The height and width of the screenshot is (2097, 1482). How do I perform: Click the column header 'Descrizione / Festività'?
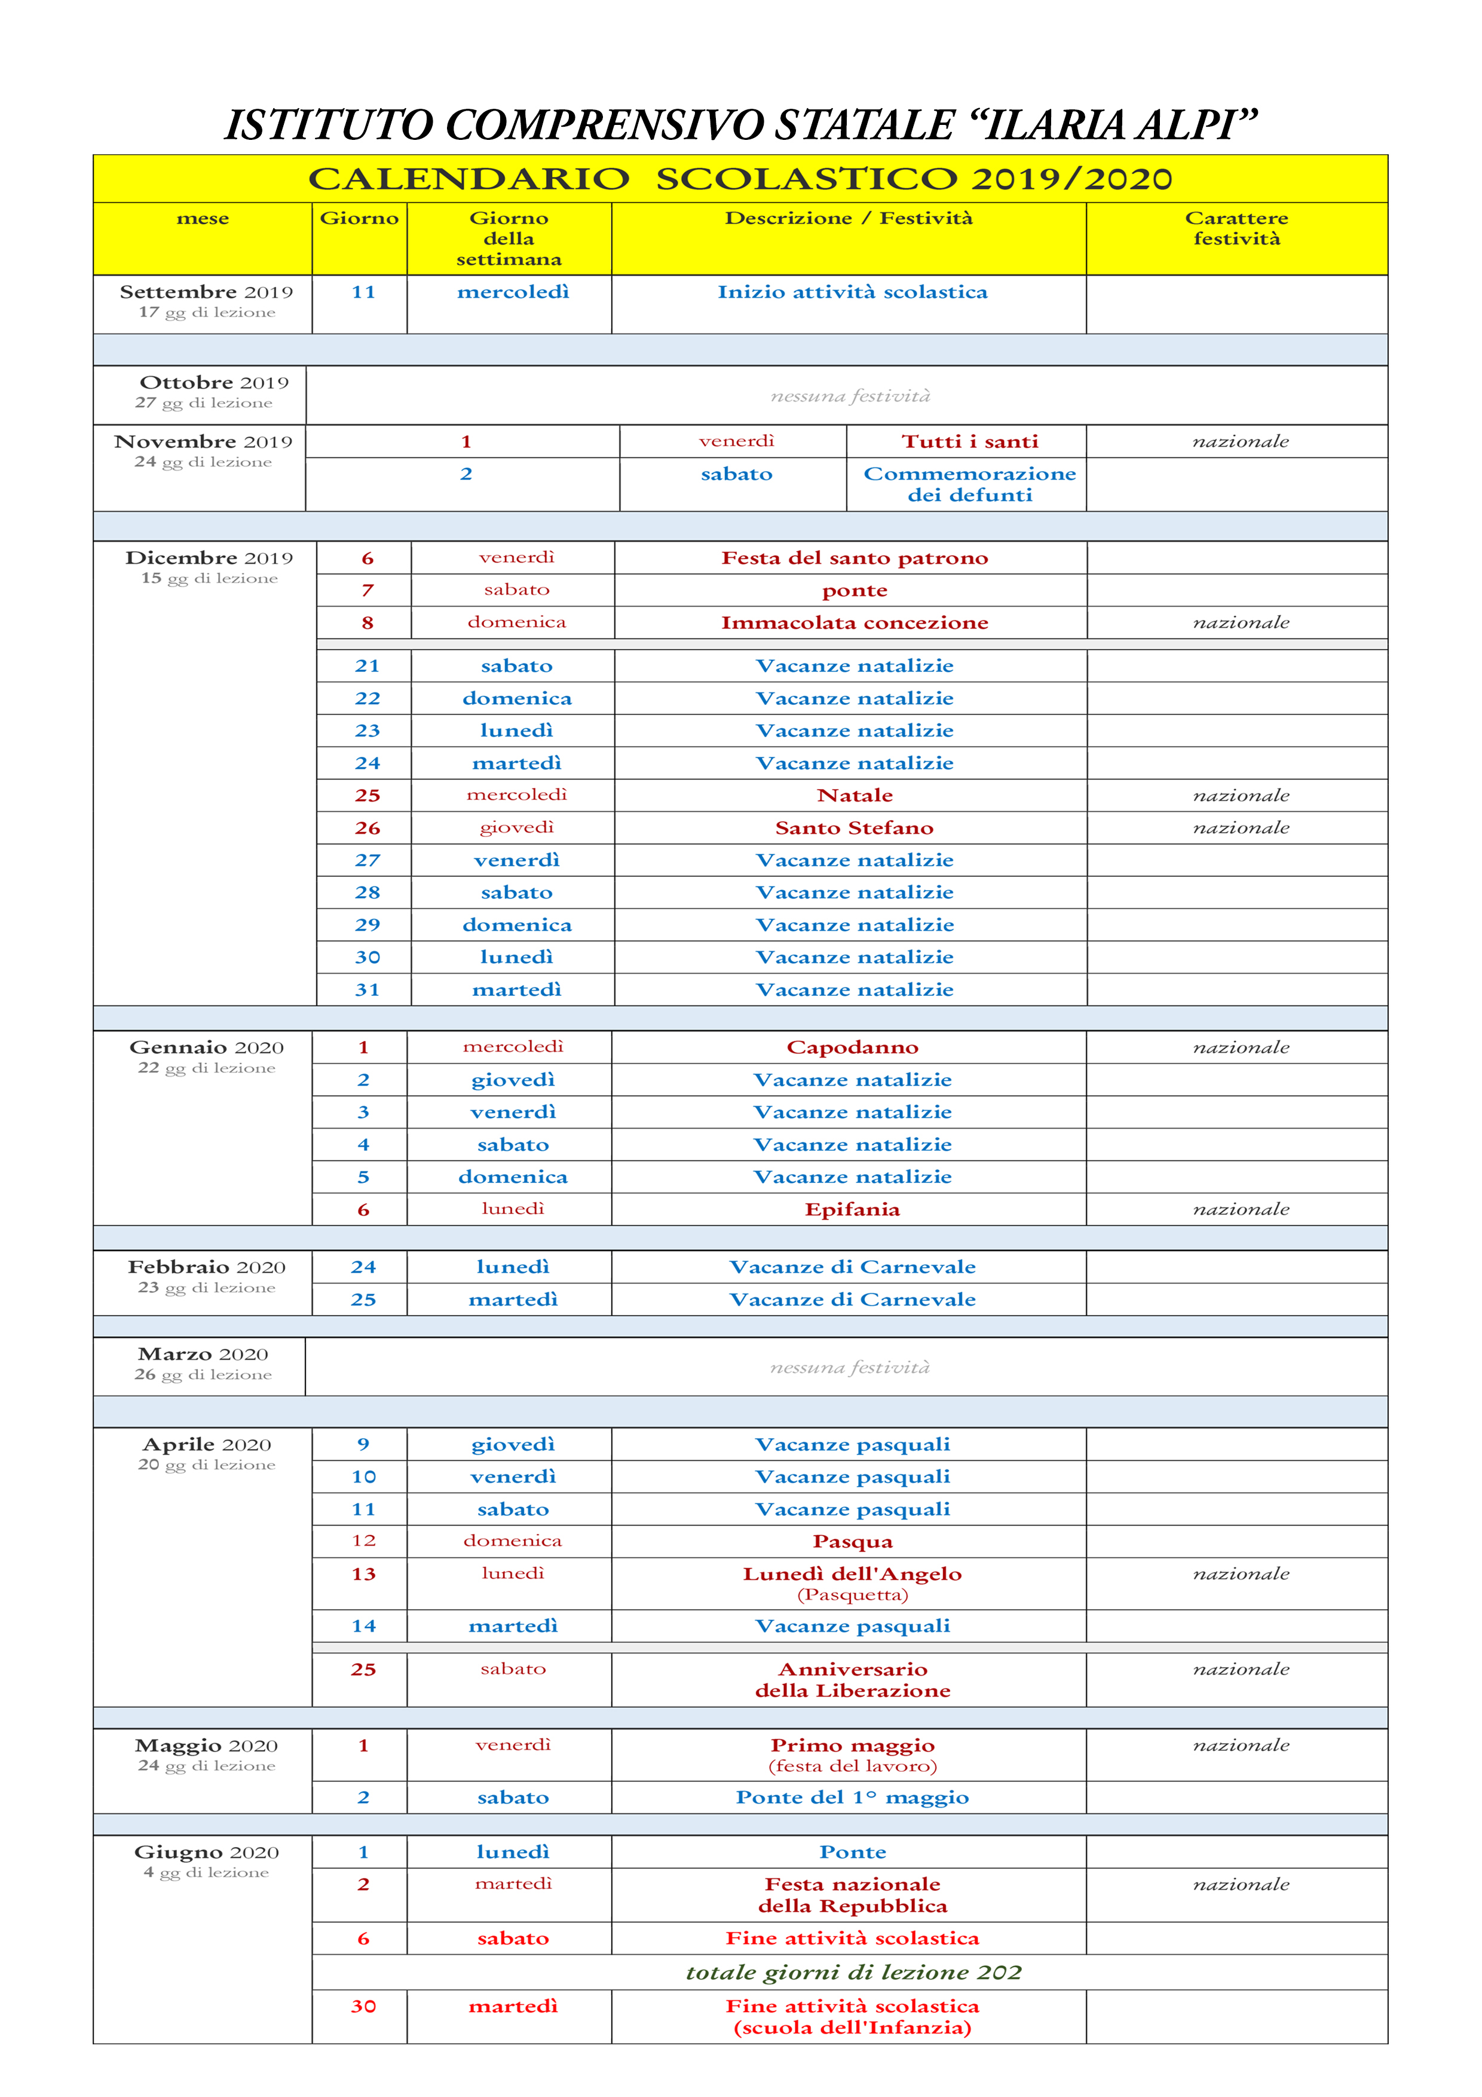(849, 218)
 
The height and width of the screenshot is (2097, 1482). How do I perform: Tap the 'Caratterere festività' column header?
(1236, 228)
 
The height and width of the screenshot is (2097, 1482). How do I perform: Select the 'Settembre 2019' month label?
(206, 292)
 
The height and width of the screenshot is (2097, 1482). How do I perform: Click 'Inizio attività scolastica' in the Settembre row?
(852, 292)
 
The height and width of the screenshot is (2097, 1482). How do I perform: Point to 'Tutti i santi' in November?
(970, 442)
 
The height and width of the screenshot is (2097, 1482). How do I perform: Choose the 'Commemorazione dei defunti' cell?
(970, 484)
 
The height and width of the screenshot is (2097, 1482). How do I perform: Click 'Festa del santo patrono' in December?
(855, 558)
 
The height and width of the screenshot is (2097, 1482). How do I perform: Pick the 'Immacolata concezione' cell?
(855, 623)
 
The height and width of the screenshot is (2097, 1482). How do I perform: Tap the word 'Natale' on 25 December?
(855, 796)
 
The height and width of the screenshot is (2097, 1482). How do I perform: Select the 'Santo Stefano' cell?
(855, 829)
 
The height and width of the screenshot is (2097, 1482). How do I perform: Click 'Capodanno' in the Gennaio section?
(853, 1047)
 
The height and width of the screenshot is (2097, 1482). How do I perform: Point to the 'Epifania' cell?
(853, 1209)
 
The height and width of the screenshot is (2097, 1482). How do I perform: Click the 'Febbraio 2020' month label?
(206, 1267)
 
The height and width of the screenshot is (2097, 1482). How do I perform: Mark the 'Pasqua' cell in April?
(853, 1542)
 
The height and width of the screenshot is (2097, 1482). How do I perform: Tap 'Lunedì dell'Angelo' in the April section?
(853, 1574)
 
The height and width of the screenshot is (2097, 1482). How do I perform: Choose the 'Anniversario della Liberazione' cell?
(853, 1680)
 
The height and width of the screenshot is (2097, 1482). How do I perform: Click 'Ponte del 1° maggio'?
(853, 1798)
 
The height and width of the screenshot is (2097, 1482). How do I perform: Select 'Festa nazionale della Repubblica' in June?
(853, 1894)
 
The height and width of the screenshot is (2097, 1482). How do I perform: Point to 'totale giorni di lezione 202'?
(853, 1973)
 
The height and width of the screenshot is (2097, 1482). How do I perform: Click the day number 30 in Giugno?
(363, 2007)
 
